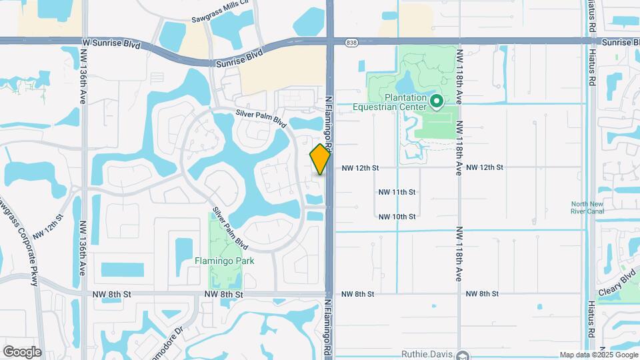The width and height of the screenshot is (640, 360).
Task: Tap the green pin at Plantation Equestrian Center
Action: click(x=437, y=102)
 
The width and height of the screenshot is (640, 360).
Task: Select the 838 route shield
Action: click(x=351, y=42)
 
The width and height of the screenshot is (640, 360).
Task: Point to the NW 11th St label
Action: click(x=397, y=192)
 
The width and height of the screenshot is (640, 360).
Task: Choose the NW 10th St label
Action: click(x=397, y=217)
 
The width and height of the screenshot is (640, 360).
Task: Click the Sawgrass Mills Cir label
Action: click(x=220, y=21)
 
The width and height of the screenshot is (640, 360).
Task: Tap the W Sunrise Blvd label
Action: click(x=112, y=43)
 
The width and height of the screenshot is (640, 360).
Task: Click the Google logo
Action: click(x=22, y=351)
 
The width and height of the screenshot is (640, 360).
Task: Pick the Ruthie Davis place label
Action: click(x=427, y=354)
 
